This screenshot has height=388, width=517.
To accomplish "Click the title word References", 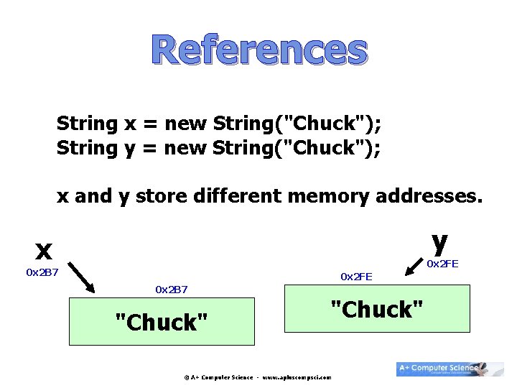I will coord(259,50).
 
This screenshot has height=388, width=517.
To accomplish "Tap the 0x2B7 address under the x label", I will coord(42,272).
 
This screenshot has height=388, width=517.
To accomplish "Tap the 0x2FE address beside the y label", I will coord(442,264).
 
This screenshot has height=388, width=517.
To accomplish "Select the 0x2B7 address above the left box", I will coord(172,289).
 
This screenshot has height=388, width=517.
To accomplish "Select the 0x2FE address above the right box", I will coord(356,276).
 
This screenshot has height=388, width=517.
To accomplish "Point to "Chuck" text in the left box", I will coord(162,323).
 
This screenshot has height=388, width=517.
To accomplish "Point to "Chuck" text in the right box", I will coord(376,310).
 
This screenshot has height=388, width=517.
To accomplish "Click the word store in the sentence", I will coord(162,196).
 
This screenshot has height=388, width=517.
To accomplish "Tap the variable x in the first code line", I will coord(130,124).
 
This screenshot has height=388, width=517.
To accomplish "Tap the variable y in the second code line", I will coord(130,149).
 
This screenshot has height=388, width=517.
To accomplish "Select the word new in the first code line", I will coord(185,124).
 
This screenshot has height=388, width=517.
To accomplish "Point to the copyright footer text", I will coord(257,377).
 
